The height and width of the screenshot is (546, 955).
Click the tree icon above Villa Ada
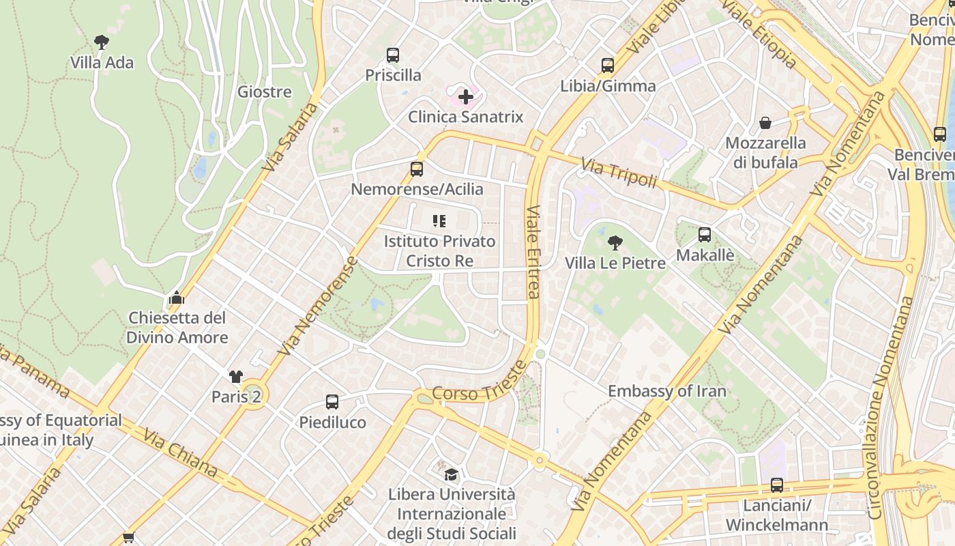[102, 42]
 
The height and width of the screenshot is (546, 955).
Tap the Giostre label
[264, 91]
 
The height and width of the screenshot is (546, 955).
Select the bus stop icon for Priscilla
[393, 55]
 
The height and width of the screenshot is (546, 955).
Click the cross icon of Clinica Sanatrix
[466, 97]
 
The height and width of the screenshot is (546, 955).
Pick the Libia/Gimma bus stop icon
[608, 66]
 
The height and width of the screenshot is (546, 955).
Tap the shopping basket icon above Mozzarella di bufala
[765, 123]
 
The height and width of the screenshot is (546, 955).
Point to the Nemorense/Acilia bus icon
[417, 169]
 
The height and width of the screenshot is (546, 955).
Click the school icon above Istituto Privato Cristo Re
[439, 221]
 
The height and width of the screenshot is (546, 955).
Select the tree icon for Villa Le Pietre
[615, 243]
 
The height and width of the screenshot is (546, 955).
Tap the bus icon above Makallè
[705, 235]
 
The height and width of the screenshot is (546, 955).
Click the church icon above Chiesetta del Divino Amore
[177, 298]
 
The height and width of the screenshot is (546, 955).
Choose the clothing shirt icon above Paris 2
[236, 377]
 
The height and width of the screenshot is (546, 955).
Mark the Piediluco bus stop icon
[332, 402]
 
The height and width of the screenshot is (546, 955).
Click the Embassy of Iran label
[666, 391]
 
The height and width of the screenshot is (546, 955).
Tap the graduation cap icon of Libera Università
[451, 474]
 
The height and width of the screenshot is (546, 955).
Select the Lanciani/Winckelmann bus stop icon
[777, 485]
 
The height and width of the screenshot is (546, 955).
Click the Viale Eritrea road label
[533, 252]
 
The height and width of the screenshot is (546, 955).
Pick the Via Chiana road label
[180, 452]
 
